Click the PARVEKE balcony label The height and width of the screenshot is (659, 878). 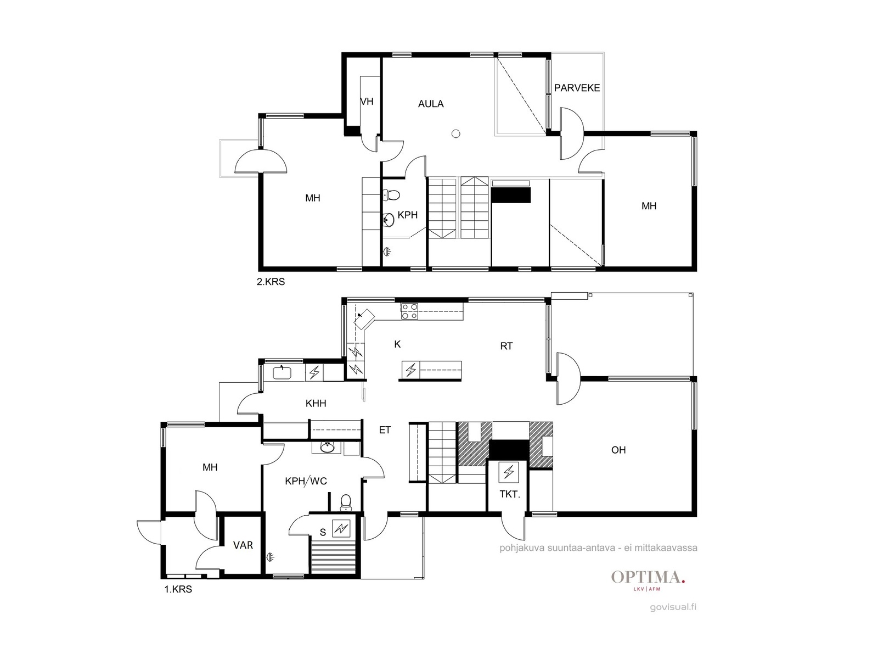(577, 88)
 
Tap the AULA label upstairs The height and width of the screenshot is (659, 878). (431, 104)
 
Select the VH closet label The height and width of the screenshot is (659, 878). (367, 102)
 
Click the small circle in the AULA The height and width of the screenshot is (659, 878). (455, 134)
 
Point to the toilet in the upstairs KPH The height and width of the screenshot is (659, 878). (392, 195)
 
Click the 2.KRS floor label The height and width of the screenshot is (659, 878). (271, 282)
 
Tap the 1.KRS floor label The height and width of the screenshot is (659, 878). (178, 589)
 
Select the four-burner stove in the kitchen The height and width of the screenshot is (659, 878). (409, 312)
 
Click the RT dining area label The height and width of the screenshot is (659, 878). (506, 346)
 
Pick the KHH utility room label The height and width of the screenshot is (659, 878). (316, 403)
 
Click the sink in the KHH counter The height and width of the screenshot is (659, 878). (283, 373)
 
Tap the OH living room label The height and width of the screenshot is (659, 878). (618, 450)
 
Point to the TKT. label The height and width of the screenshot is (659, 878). (510, 495)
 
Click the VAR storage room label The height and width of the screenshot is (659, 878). (243, 545)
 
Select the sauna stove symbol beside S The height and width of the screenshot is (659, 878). (341, 529)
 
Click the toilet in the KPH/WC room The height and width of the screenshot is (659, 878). (346, 503)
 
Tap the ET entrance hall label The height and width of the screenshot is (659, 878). (385, 430)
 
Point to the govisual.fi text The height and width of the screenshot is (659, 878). (673, 607)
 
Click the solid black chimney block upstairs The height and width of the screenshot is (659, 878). (511, 195)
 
